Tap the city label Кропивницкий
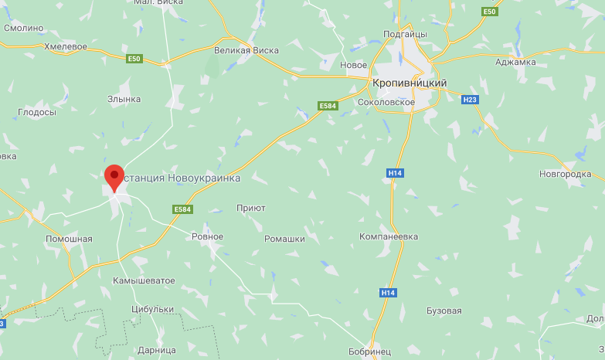tap(409, 83)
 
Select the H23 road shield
tap(469, 100)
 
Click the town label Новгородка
tap(565, 174)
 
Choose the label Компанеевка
tap(389, 236)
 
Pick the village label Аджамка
tap(515, 62)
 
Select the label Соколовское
tap(387, 102)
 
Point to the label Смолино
tap(23, 28)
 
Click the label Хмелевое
tap(65, 46)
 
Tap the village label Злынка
tap(124, 99)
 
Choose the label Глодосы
tap(37, 112)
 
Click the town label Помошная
tap(69, 239)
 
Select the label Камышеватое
tap(144, 280)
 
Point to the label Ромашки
tap(284, 239)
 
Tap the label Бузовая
tap(444, 311)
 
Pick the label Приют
tap(250, 208)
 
